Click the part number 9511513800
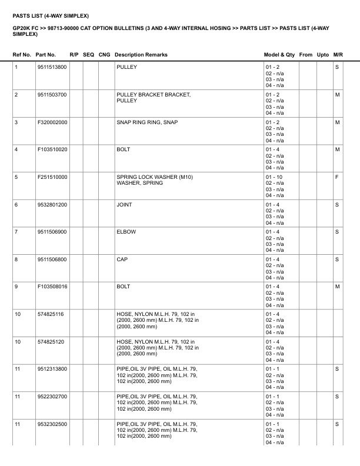tap(52, 67)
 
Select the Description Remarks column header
tap(141, 55)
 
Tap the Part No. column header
tap(46, 55)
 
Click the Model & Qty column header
tap(279, 55)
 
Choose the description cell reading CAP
tap(122, 259)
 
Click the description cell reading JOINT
tap(125, 205)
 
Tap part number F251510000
tap(52, 177)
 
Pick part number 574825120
tap(51, 341)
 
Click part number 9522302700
tap(52, 397)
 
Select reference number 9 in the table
tap(16, 287)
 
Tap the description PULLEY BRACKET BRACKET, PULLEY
tap(154, 98)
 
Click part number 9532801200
tap(52, 205)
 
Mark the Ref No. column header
tap(22, 55)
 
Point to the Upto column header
tap(323, 55)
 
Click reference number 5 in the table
tap(16, 177)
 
